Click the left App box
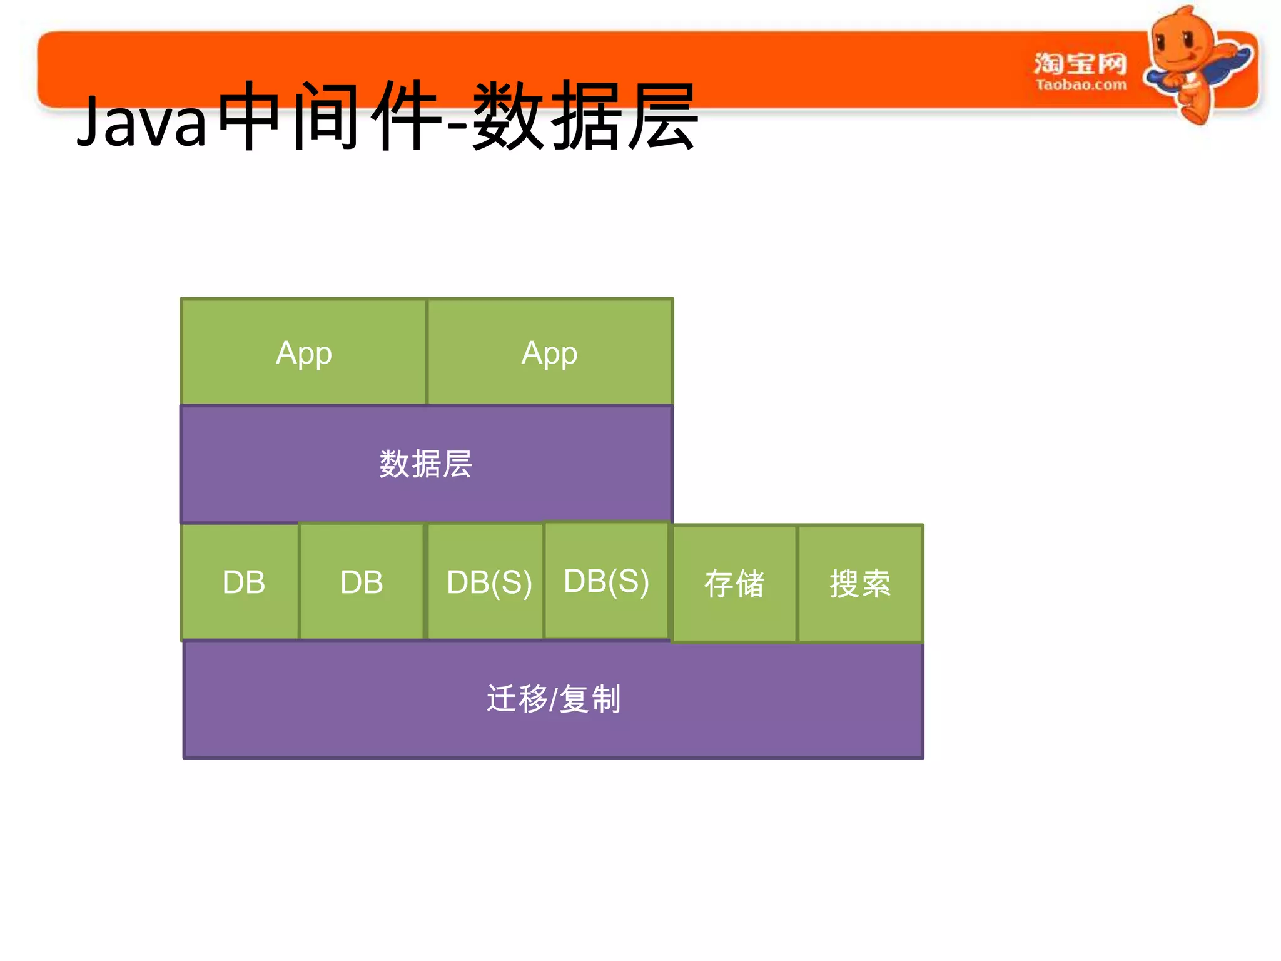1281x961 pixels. click(x=304, y=352)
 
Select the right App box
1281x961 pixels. click(x=549, y=352)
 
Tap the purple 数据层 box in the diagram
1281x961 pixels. click(x=426, y=464)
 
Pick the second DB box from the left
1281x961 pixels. click(x=362, y=582)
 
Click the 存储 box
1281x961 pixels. click(x=734, y=583)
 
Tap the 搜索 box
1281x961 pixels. click(x=860, y=583)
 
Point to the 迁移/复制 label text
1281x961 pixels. click(x=554, y=699)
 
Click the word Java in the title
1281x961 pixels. click(x=141, y=121)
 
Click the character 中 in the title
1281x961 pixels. click(x=249, y=116)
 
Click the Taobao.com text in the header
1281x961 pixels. click(x=1080, y=84)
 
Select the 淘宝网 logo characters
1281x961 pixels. click(x=1080, y=63)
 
